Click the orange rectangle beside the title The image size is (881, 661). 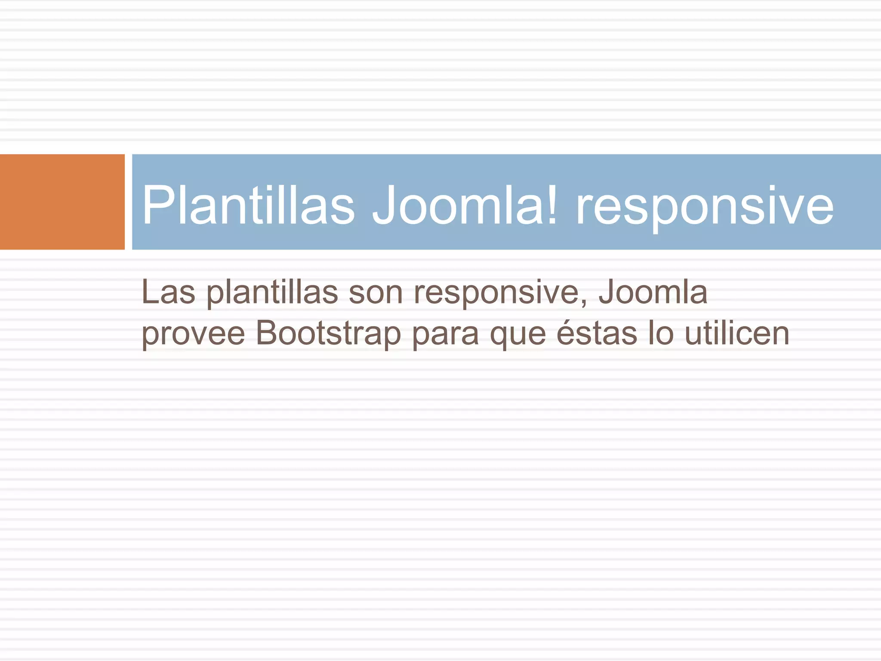coord(62,202)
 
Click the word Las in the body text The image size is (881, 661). coord(168,293)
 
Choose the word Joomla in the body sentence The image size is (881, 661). coord(653,293)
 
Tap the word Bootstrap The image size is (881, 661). coord(328,334)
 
